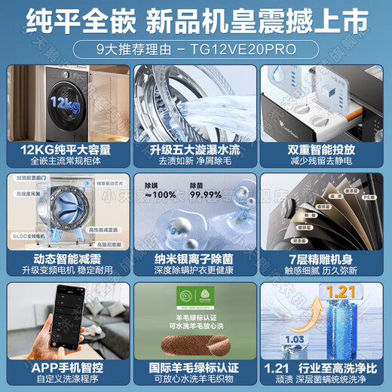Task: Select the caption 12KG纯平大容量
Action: (66, 150)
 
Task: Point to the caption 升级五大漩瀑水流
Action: (196, 150)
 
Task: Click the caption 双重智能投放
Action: (326, 150)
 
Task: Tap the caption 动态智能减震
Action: (66, 257)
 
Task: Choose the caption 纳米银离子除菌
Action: (196, 257)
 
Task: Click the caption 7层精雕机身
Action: (326, 257)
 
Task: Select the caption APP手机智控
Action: (66, 367)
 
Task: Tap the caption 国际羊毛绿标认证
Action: (196, 367)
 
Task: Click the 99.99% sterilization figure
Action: (206, 194)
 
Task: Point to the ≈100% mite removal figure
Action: (159, 194)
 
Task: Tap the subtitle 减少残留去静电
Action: (326, 161)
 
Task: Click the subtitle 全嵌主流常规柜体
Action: (66, 161)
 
